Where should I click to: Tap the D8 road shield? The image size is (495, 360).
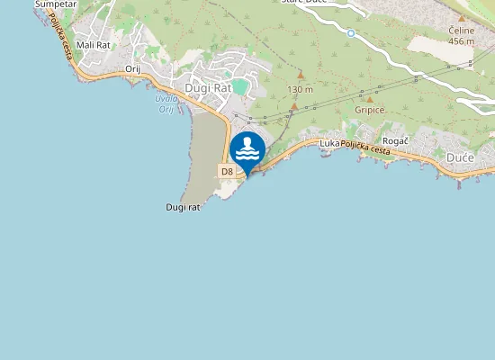pos(227,171)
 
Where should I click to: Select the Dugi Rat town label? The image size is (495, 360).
pos(208,88)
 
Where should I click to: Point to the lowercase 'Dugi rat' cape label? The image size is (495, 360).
pos(183,207)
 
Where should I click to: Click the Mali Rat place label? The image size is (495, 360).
pos(94,44)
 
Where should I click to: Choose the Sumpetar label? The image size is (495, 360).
pos(56,4)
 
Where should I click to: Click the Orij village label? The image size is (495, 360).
pos(133,68)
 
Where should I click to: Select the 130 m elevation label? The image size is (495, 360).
pos(300,90)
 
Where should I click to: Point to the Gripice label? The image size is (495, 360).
pos(370,111)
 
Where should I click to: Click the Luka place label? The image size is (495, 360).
pos(328,143)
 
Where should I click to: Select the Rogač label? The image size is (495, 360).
pos(396,141)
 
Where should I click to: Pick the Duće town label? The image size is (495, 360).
pos(460,157)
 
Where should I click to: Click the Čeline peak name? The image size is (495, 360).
pos(461,30)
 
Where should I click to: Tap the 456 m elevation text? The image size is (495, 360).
pos(461,40)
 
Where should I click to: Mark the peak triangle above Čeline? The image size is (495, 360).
pos(462,18)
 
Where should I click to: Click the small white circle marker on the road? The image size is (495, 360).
pos(351,33)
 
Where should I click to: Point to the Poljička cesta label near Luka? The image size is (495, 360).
pos(365,148)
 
